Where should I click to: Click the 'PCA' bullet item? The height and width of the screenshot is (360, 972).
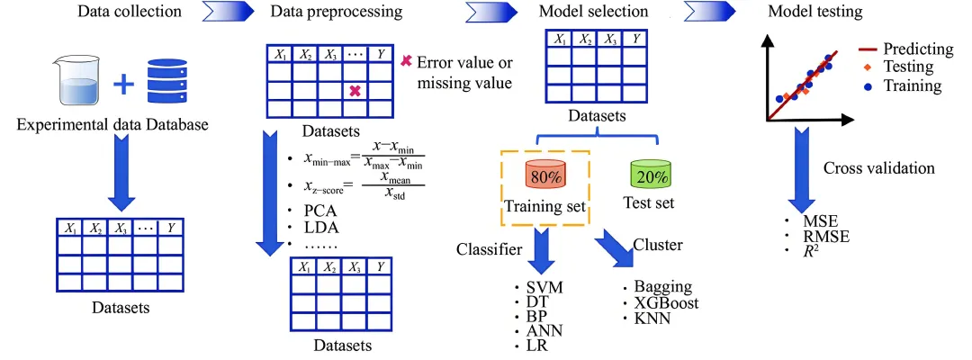(321, 211)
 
